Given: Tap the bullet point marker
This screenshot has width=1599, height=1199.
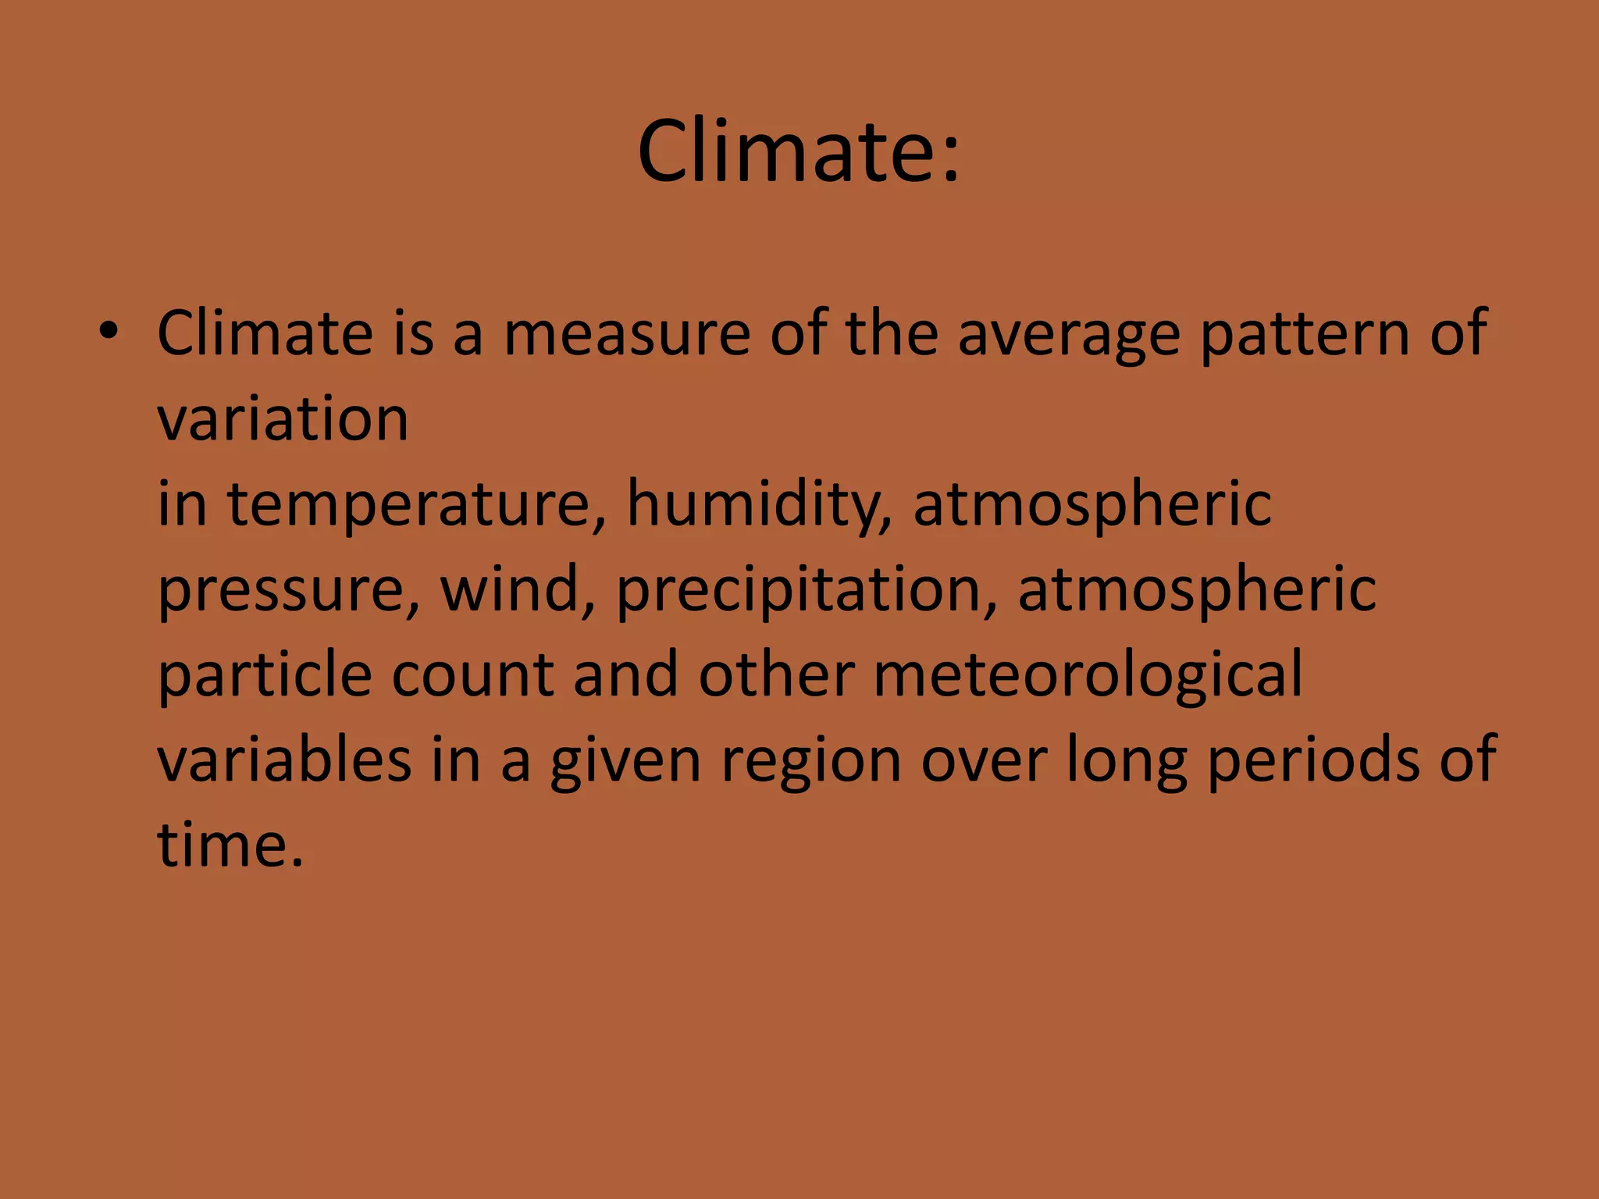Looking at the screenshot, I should click(109, 333).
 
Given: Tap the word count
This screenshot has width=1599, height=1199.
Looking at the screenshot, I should click(472, 676).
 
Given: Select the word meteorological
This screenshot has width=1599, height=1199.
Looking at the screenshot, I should click(1088, 676).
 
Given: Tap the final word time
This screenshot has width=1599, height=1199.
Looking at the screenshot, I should click(230, 845).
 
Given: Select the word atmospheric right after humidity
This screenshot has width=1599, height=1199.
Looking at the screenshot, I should click(1092, 506).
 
